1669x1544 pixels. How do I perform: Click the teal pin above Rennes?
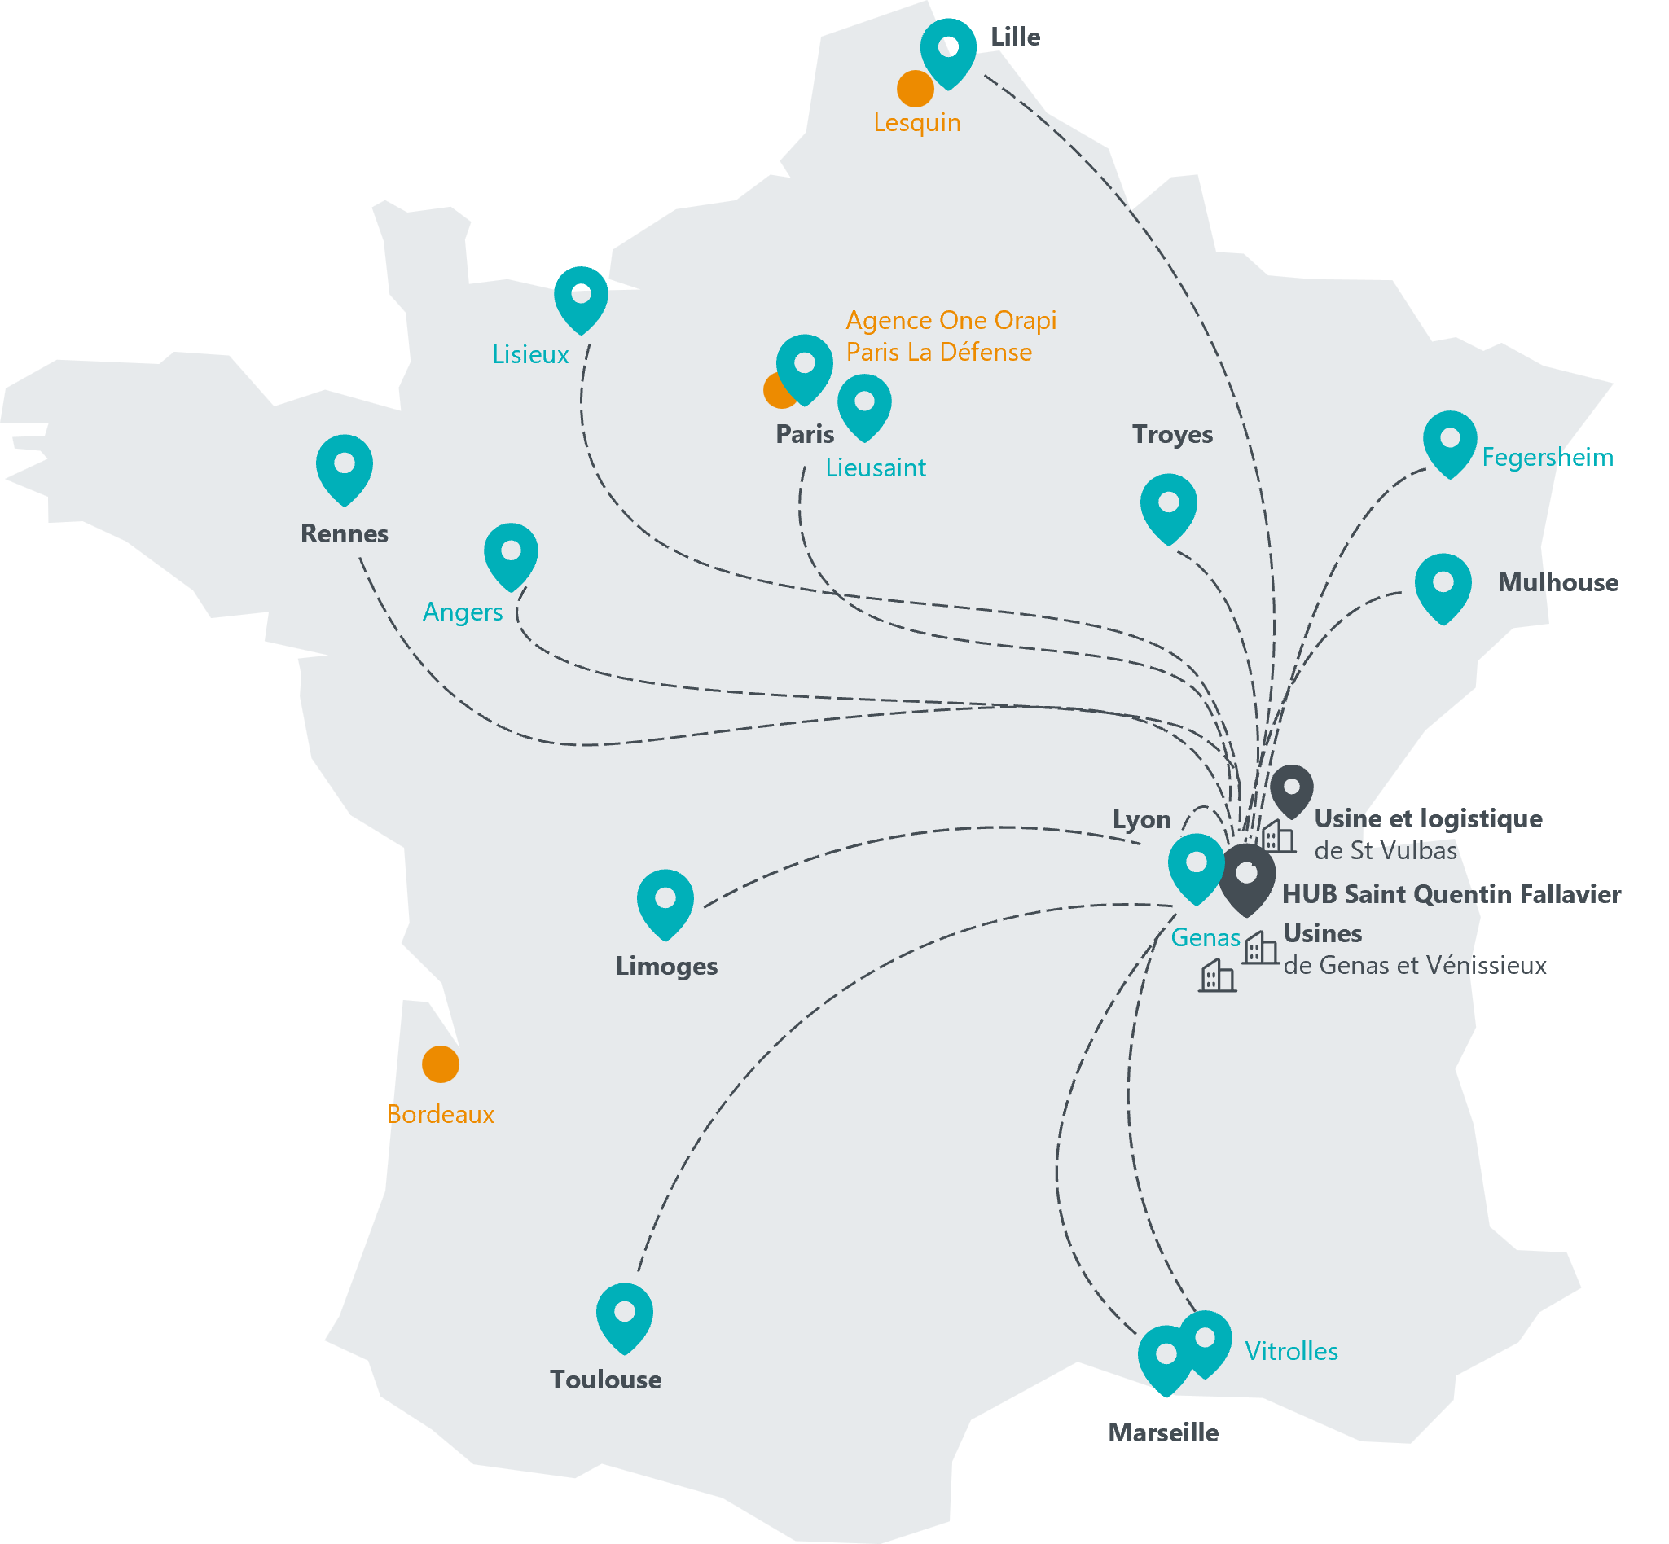(x=345, y=465)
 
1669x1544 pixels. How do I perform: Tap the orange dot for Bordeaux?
(x=441, y=1064)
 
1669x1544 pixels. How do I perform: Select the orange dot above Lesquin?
(x=916, y=89)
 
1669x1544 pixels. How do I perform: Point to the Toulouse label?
(x=605, y=1380)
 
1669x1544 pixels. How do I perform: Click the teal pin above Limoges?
(x=665, y=901)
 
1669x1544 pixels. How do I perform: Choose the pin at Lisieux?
(x=581, y=296)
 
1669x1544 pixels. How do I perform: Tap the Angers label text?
(x=462, y=612)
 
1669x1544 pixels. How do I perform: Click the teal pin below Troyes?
(x=1168, y=505)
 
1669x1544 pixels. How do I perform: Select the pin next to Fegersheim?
(x=1450, y=441)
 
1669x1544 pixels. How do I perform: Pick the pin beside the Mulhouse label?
(x=1443, y=585)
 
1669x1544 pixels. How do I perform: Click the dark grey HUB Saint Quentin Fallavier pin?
(x=1246, y=875)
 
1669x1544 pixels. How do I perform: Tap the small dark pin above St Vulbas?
(x=1292, y=789)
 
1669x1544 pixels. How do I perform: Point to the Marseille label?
(x=1162, y=1433)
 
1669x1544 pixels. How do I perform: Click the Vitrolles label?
(x=1291, y=1351)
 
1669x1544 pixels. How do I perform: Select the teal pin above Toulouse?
(x=624, y=1314)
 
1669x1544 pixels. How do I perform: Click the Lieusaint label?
(x=875, y=468)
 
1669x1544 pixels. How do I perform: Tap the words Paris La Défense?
(x=938, y=353)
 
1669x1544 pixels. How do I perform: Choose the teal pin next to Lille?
(x=948, y=50)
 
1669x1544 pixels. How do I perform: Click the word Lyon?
(x=1141, y=819)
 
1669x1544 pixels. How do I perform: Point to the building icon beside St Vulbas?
(x=1278, y=836)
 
